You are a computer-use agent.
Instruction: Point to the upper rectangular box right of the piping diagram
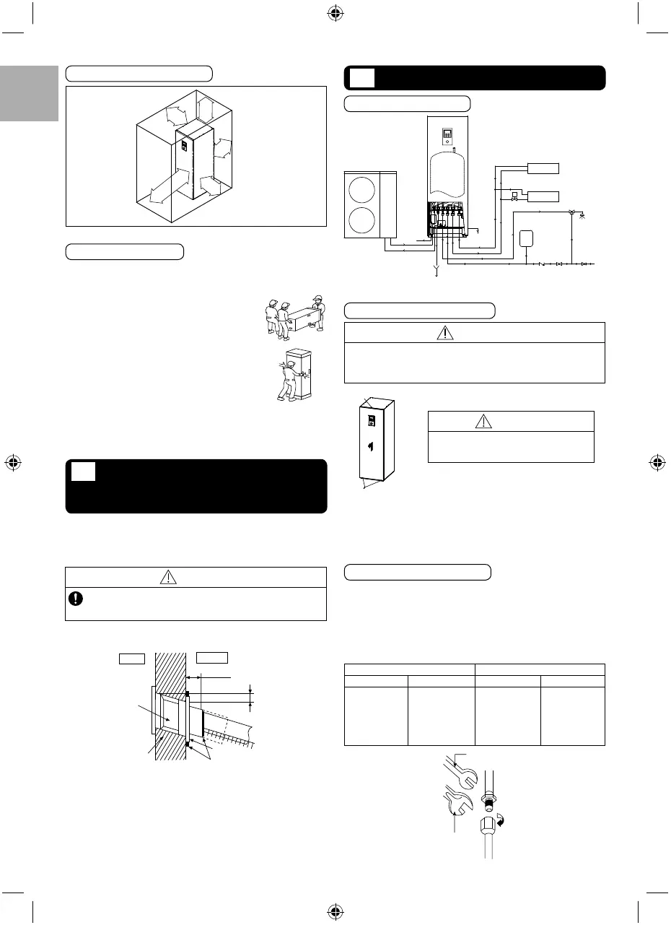tap(544, 169)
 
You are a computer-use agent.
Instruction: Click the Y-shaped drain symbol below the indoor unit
tap(435, 273)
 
